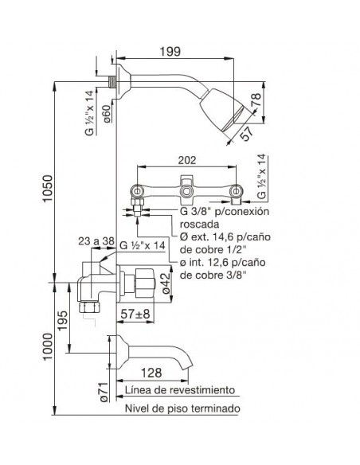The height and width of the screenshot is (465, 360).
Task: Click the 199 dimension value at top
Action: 170,51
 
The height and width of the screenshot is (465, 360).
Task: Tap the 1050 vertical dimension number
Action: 48,189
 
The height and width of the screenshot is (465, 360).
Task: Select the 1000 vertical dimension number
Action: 48,346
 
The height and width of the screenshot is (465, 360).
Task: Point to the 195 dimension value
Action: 62,321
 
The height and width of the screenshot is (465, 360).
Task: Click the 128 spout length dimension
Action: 151,373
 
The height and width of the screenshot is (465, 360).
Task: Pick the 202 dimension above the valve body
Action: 187,160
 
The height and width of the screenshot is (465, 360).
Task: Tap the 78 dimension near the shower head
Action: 256,100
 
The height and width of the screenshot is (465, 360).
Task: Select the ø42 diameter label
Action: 166,283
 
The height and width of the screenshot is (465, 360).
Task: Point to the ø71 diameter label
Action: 104,392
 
